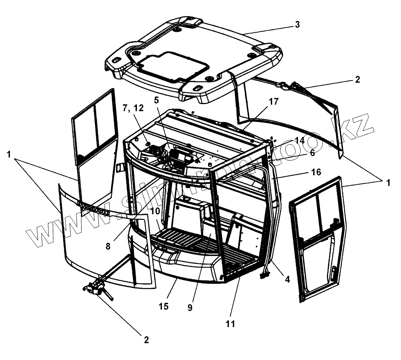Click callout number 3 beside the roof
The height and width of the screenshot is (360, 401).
298,25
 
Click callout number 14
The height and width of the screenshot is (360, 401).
300,140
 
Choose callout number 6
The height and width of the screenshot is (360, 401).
312,153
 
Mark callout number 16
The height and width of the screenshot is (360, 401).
316,172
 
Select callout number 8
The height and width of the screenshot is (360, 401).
109,245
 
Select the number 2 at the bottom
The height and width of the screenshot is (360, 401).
146,339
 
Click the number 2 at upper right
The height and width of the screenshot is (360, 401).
357,79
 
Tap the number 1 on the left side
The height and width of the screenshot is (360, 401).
9,155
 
